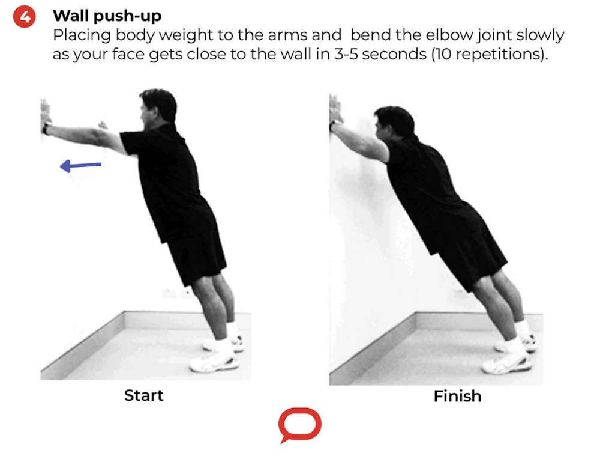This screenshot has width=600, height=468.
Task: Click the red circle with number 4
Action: coord(25,16)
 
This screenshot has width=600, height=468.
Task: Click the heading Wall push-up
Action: coord(107,16)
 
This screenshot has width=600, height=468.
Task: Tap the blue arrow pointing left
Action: coord(80,165)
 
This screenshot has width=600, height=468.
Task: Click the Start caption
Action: coord(143,395)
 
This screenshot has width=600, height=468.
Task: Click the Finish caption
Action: coord(457,396)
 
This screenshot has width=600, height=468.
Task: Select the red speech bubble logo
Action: coord(299,425)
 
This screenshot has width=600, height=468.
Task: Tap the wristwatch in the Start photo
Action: coord(46,128)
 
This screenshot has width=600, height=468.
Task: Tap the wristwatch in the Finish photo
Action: coord(333,126)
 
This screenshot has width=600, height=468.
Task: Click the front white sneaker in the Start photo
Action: coord(213,362)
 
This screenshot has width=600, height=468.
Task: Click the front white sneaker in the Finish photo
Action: coord(507,362)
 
